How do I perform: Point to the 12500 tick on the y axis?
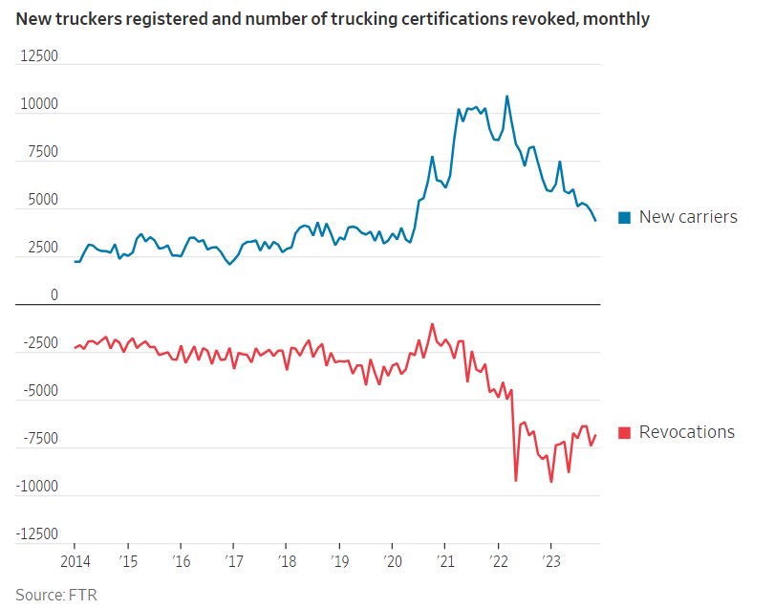(x=39, y=56)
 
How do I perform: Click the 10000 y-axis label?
(x=39, y=104)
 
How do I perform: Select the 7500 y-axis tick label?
(x=43, y=152)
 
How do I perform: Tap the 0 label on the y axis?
(x=54, y=295)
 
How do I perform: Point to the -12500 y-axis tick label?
(x=36, y=534)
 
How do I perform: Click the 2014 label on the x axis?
(x=75, y=560)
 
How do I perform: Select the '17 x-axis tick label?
(x=232, y=560)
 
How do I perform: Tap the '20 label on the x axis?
(x=391, y=560)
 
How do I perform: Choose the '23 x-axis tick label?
(x=549, y=560)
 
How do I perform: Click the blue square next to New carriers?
(x=624, y=218)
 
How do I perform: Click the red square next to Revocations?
(x=624, y=433)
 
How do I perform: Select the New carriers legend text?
(x=688, y=217)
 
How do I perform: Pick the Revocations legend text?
(x=687, y=432)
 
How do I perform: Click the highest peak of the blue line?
(x=506, y=96)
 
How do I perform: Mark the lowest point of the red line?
(x=551, y=482)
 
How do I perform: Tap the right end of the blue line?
(x=596, y=221)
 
